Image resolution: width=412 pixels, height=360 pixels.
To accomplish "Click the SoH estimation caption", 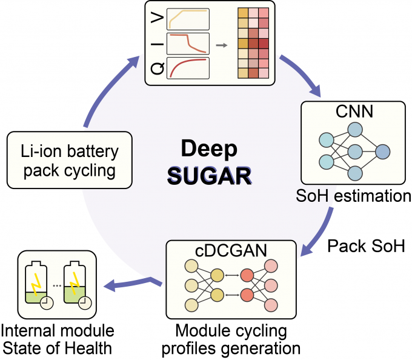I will pos(355,196).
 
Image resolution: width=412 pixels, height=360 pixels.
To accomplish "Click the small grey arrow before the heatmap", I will pos(223,44).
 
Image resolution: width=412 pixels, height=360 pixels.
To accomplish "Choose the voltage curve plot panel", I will pos(188,19).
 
